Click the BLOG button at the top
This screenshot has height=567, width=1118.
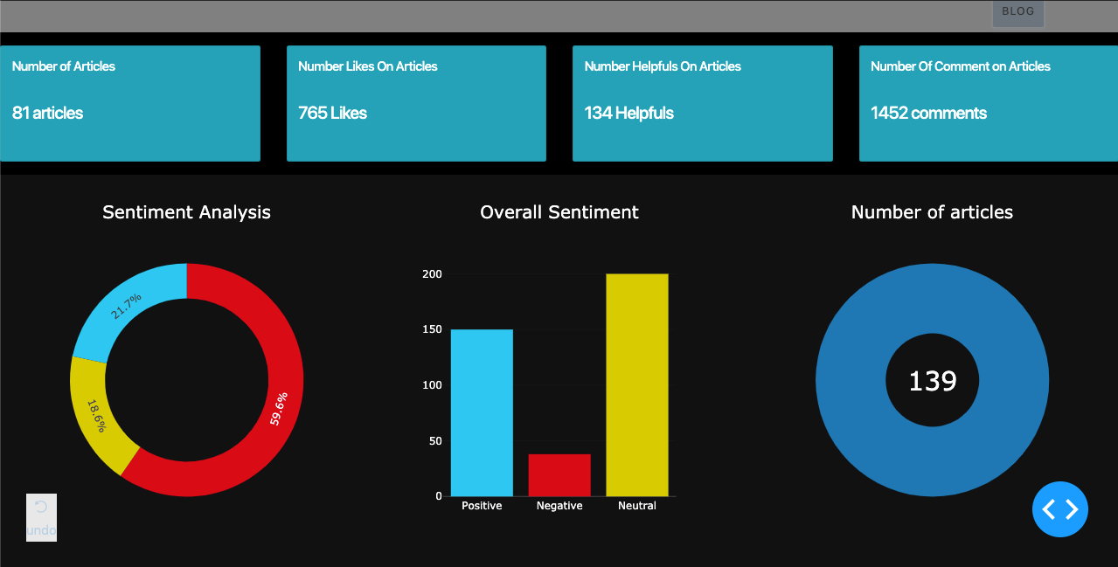point(1017,12)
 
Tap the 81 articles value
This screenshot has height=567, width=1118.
point(48,113)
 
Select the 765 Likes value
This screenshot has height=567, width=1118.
point(332,113)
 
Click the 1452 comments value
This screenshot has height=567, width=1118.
point(928,113)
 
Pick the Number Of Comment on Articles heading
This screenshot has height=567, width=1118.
point(960,66)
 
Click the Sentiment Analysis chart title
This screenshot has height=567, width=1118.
point(186,212)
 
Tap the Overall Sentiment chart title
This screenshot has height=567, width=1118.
point(559,212)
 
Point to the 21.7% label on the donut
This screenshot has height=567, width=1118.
point(127,307)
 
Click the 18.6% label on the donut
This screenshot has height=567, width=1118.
point(95,416)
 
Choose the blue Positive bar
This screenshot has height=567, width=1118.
point(482,412)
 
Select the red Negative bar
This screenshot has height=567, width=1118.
point(559,475)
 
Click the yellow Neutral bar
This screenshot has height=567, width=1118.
point(637,384)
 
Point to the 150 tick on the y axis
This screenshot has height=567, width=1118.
point(432,330)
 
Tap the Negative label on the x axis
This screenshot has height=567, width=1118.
point(559,506)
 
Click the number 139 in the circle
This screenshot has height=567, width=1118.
point(933,381)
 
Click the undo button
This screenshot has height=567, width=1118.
point(41,517)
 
